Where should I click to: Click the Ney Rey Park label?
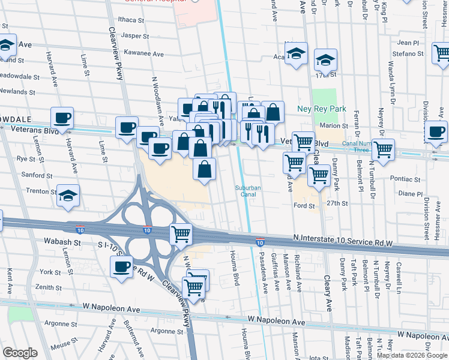pos(322,109)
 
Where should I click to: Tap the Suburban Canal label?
pos(248,191)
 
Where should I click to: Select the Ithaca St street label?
pos(132,20)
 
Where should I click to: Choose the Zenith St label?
pos(43,287)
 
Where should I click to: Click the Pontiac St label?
pos(403,179)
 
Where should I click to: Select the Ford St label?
pos(304,206)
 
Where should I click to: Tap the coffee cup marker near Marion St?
pos(435,131)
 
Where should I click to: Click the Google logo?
pos(20,353)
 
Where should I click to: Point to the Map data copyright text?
pos(412,355)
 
